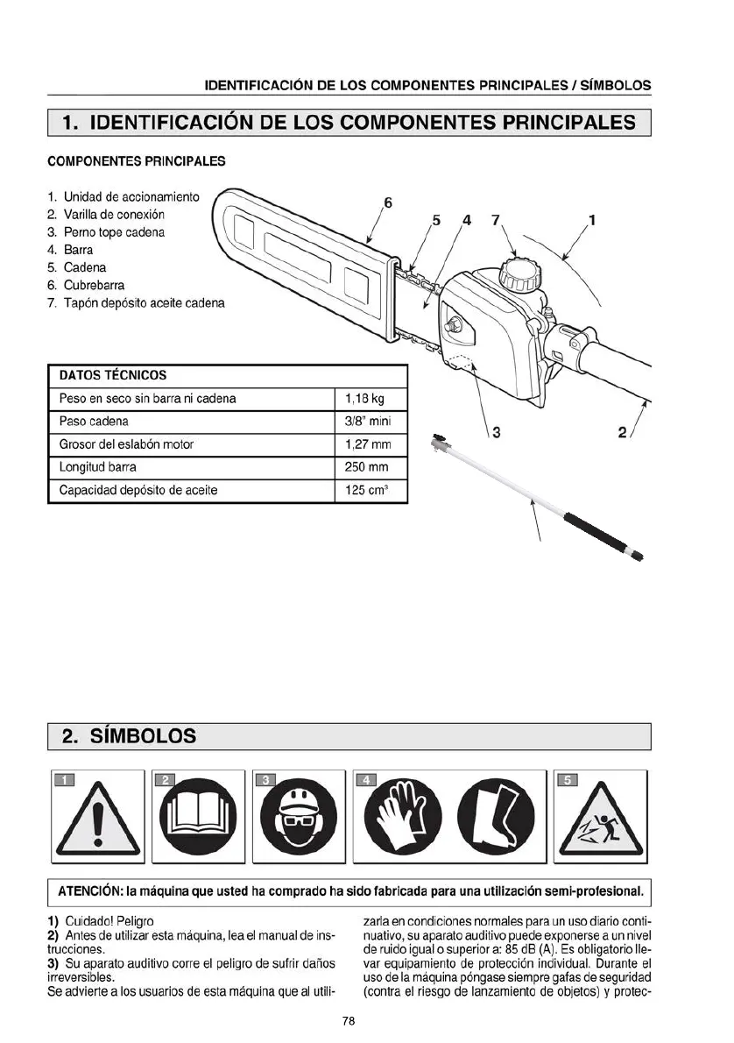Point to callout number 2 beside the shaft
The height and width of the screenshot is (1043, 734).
click(x=623, y=431)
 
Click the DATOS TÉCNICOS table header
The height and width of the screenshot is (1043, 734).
click(x=112, y=375)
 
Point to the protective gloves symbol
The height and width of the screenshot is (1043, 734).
click(x=399, y=817)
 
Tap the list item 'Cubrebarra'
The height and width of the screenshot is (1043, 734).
click(x=94, y=285)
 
